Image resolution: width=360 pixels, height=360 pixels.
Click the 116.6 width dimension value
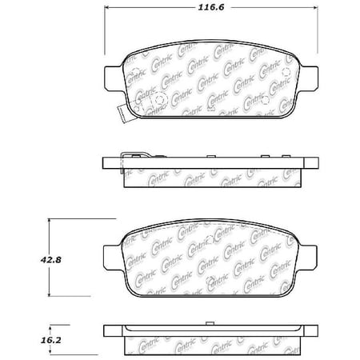[x=211, y=7]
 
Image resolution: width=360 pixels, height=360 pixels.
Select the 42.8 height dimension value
[x=51, y=259]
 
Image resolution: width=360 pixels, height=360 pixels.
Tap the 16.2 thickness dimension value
[x=51, y=340]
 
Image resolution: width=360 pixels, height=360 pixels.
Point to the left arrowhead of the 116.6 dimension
[x=106, y=7]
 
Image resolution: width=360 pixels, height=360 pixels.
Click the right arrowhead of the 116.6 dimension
[x=315, y=7]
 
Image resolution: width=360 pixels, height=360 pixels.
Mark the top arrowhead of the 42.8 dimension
[x=49, y=221]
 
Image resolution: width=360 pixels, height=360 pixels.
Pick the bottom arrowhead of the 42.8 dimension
[x=49, y=294]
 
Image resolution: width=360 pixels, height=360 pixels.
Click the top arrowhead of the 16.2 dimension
[x=51, y=327]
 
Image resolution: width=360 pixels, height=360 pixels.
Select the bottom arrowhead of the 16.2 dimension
[x=51, y=353]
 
